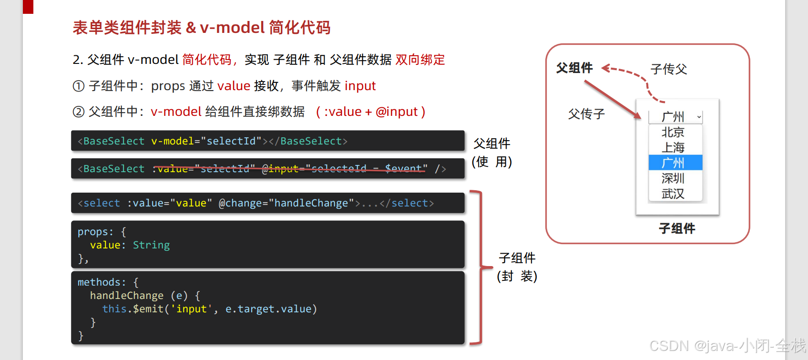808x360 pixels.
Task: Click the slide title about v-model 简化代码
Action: [x=201, y=28]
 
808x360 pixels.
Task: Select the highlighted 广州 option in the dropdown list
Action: [x=673, y=163]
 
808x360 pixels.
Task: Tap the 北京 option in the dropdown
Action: [x=673, y=132]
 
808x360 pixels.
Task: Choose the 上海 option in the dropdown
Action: [x=673, y=147]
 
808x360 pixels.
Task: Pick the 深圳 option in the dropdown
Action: [x=673, y=178]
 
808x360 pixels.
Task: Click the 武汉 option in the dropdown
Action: [x=673, y=194]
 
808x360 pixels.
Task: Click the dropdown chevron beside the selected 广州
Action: [x=699, y=117]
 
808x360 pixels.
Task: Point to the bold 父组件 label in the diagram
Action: [x=574, y=68]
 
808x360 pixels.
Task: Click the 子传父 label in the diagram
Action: [x=668, y=69]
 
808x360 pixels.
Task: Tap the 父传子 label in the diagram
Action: [x=586, y=114]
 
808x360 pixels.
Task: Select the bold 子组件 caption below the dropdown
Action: [x=677, y=228]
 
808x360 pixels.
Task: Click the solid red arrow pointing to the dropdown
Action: [x=613, y=100]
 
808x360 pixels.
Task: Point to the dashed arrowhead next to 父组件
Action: [x=606, y=68]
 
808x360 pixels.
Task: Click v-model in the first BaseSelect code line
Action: [x=173, y=141]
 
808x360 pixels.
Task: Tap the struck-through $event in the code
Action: [x=403, y=168]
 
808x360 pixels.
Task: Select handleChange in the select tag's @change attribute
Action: [x=311, y=203]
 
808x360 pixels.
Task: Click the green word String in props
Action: [x=151, y=245]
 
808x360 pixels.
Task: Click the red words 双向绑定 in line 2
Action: [x=420, y=60]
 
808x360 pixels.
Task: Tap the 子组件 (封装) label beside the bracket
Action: [x=517, y=267]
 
